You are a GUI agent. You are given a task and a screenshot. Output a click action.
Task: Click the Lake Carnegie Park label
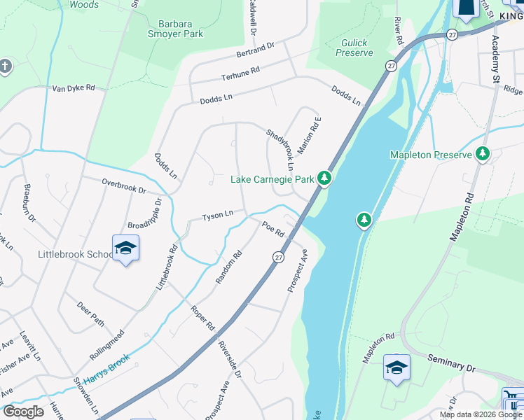click(x=273, y=180)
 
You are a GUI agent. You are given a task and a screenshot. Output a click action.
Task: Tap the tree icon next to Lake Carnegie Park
click(x=324, y=179)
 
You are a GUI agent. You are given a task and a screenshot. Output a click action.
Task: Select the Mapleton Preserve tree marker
click(x=483, y=154)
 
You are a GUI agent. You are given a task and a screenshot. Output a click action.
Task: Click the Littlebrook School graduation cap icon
click(x=125, y=248)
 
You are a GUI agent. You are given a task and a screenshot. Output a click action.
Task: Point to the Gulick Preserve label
click(x=354, y=48)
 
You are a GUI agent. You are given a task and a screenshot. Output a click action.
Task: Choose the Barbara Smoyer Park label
click(x=175, y=27)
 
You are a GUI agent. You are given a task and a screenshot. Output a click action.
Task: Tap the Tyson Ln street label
click(x=217, y=216)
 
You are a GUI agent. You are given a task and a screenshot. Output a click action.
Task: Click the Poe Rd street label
click(x=273, y=228)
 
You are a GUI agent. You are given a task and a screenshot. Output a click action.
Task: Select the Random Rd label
click(x=228, y=267)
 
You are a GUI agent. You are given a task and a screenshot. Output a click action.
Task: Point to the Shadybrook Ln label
click(x=279, y=149)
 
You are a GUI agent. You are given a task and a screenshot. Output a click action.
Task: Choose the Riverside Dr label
click(x=230, y=359)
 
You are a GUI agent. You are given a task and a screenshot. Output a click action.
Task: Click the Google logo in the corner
click(x=24, y=412)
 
